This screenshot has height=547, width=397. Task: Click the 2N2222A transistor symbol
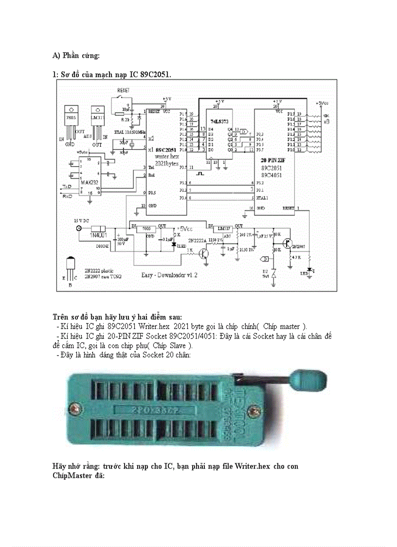point(206,253)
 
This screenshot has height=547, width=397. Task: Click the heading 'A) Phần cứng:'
point(76,55)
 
